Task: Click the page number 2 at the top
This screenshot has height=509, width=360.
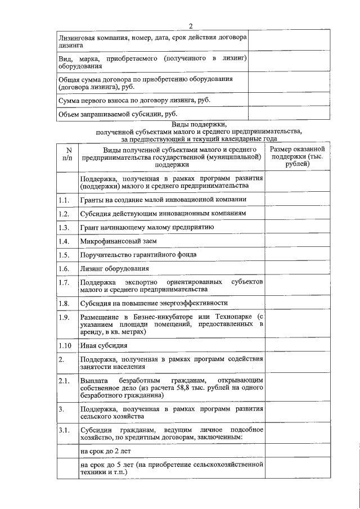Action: (x=191, y=26)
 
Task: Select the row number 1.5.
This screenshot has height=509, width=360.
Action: (x=64, y=255)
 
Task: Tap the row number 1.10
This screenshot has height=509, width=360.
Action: (x=65, y=345)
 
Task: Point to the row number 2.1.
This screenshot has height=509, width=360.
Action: (x=64, y=381)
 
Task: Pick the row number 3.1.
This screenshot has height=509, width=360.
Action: (x=64, y=431)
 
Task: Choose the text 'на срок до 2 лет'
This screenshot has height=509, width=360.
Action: (x=106, y=451)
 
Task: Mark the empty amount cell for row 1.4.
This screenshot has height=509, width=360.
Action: (x=296, y=241)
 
